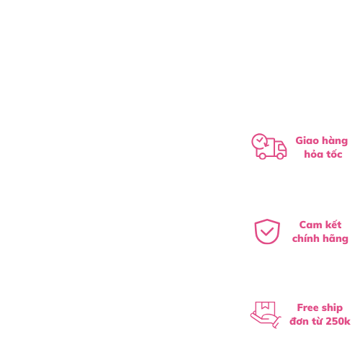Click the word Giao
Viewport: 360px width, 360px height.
[x=307, y=140]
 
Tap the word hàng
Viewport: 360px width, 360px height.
[x=335, y=141]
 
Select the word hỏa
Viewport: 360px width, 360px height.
[x=313, y=154]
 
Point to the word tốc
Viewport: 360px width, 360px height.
[x=334, y=154]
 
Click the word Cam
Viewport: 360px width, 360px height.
[x=310, y=225]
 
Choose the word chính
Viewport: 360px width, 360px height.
[x=305, y=238]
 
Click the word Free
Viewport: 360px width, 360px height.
[x=308, y=307]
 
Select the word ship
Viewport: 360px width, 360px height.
[x=332, y=308]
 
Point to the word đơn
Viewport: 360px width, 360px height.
[x=299, y=321]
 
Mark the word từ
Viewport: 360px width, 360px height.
[x=317, y=321]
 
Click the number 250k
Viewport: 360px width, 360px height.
[x=338, y=321]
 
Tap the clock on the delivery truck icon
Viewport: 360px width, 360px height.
[x=259, y=141]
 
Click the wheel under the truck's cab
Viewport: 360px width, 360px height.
[x=280, y=156]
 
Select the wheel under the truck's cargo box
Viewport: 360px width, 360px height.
[x=262, y=156]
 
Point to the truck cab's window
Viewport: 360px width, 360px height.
[x=281, y=147]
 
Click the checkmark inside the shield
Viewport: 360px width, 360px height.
[x=267, y=232]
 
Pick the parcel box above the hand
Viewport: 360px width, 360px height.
[x=265, y=309]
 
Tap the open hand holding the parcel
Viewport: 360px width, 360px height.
[x=266, y=320]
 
